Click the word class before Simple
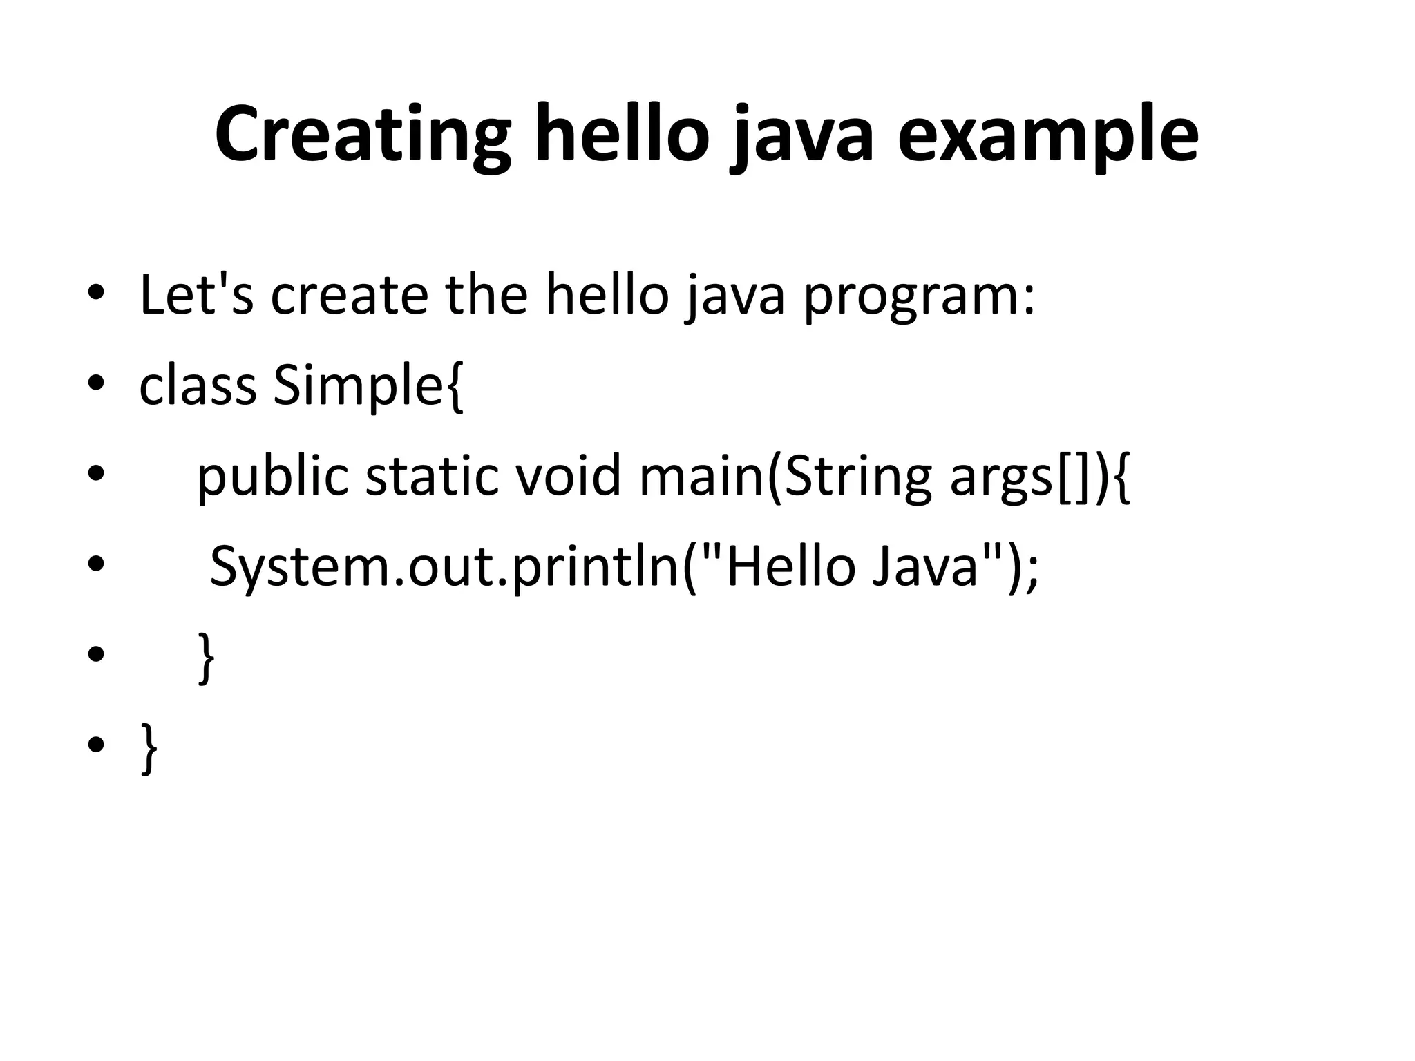(x=198, y=385)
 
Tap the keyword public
(x=272, y=477)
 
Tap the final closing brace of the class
(x=149, y=747)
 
